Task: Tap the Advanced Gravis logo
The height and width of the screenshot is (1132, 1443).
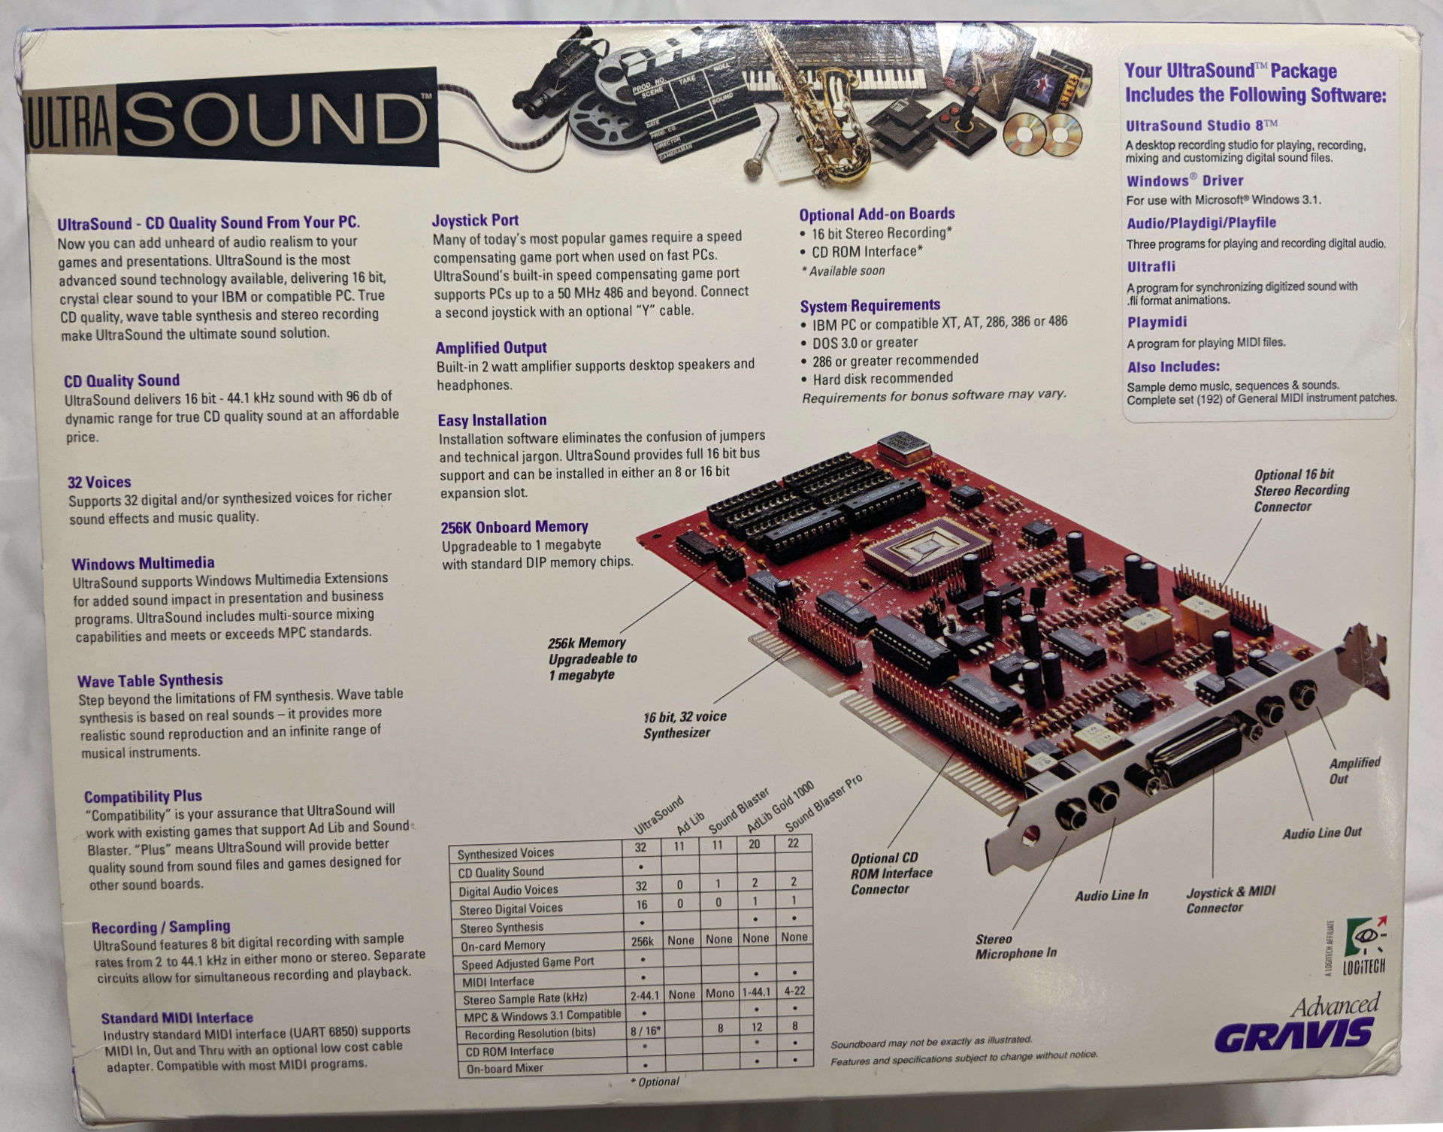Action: [1297, 1025]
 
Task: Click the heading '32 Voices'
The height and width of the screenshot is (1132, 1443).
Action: [99, 482]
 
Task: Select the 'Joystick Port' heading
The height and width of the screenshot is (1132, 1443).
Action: [475, 220]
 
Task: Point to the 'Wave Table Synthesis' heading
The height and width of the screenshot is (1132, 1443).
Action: [150, 681]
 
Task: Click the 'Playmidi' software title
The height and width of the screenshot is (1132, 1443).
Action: [1157, 322]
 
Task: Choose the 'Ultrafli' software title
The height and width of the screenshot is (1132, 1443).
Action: [1151, 267]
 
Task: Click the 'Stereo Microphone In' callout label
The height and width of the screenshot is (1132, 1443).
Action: [1015, 946]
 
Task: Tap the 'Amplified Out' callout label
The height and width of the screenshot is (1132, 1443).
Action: [1354, 770]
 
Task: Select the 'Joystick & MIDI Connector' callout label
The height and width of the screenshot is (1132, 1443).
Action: [1230, 900]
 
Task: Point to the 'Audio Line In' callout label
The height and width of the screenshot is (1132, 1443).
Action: [1111, 895]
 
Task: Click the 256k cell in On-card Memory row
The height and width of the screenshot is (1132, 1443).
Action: [642, 941]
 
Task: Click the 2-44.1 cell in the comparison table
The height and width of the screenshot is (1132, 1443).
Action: [644, 995]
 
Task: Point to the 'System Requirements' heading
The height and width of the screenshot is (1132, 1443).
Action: [870, 305]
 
